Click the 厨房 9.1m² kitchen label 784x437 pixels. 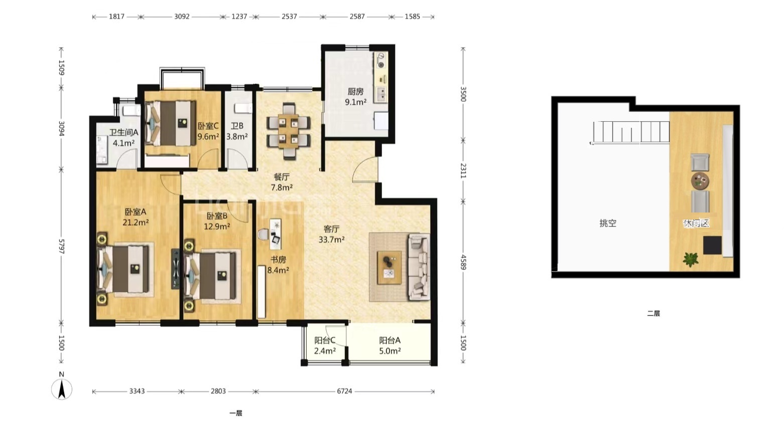pyautogui.click(x=355, y=97)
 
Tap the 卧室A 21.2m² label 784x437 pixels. pyautogui.click(x=136, y=217)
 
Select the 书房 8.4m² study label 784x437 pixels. pyautogui.click(x=278, y=265)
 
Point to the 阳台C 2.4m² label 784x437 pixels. pyautogui.click(x=325, y=345)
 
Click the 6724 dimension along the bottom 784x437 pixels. pyautogui.click(x=344, y=391)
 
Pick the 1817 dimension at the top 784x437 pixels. pyautogui.click(x=116, y=17)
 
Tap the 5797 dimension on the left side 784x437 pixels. pyautogui.click(x=61, y=247)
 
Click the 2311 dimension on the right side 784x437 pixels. pyautogui.click(x=463, y=170)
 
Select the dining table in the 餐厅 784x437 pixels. pyautogui.click(x=289, y=131)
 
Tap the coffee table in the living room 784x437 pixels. pyautogui.click(x=389, y=268)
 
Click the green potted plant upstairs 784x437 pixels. pyautogui.click(x=690, y=260)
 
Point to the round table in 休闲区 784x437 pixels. pyautogui.click(x=700, y=181)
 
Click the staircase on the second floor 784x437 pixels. pyautogui.click(x=630, y=132)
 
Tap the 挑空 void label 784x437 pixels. pyautogui.click(x=608, y=223)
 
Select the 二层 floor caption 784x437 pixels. pyautogui.click(x=654, y=314)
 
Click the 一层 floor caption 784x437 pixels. pyautogui.click(x=236, y=413)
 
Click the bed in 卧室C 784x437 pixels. pyautogui.click(x=170, y=123)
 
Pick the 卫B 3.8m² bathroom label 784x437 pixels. pyautogui.click(x=237, y=131)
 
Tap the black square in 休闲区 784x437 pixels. pyautogui.click(x=713, y=245)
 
